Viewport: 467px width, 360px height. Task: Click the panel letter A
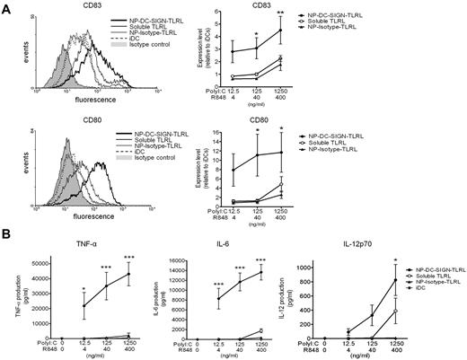(7, 7)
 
